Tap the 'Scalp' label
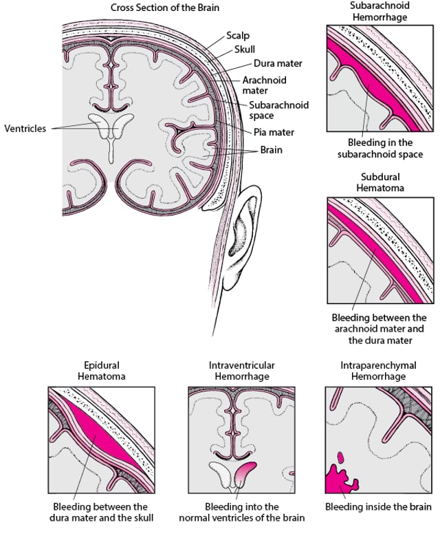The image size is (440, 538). click(x=238, y=34)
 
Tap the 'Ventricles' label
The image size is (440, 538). click(x=25, y=128)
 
